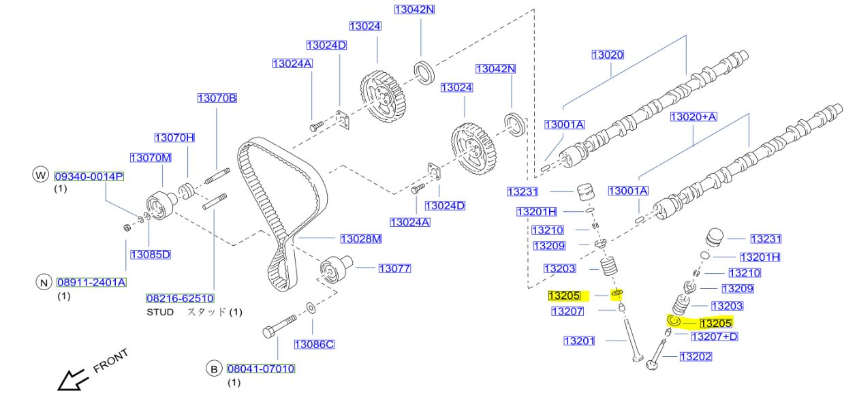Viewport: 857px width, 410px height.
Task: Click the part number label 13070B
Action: [x=217, y=98]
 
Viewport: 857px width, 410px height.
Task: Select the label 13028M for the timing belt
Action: [x=361, y=238]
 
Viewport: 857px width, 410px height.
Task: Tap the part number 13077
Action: [x=394, y=268]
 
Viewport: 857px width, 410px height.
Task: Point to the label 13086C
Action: [x=314, y=344]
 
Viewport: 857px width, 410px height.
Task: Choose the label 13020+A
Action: [x=694, y=117]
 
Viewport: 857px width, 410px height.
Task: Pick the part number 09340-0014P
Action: [x=89, y=176]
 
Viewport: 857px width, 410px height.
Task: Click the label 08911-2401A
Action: [x=92, y=282]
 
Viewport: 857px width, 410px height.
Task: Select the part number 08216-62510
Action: [x=181, y=298]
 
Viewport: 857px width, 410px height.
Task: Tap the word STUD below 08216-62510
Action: [x=160, y=312]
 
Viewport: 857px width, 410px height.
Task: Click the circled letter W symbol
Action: [x=41, y=176]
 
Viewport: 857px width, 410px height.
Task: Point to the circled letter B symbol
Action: [x=214, y=368]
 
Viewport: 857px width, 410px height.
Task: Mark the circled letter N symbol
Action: [x=44, y=282]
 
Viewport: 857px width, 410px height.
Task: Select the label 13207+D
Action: [x=715, y=336]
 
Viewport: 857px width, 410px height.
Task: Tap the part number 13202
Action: [x=696, y=356]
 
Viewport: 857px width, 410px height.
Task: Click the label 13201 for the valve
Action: [x=580, y=341]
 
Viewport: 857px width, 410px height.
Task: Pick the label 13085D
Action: [x=150, y=255]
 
